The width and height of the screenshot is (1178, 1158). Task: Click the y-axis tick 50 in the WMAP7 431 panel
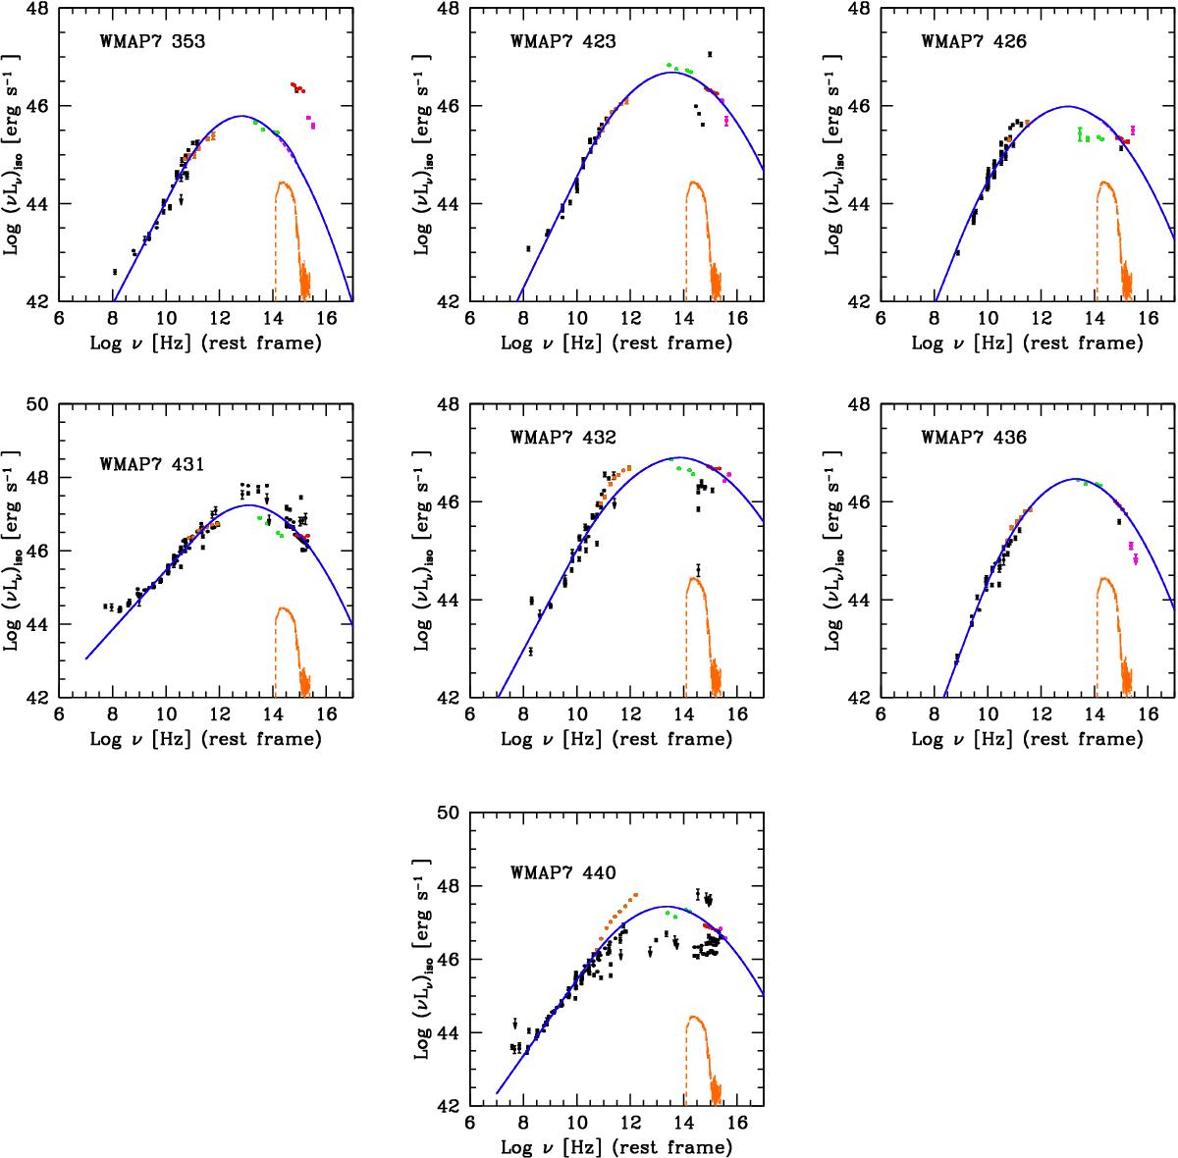pyautogui.click(x=42, y=404)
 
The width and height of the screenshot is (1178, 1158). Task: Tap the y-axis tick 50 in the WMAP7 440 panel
pyautogui.click(x=454, y=813)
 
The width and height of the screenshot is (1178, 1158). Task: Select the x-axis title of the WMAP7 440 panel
pyautogui.click(x=616, y=1146)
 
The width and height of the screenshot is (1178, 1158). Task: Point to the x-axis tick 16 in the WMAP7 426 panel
pyautogui.click(x=1148, y=318)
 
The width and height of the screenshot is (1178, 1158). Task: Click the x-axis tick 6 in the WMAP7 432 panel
pyautogui.click(x=470, y=714)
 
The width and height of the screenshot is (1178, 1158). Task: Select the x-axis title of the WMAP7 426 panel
pyautogui.click(x=1027, y=343)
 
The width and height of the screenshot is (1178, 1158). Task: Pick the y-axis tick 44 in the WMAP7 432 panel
pyautogui.click(x=454, y=600)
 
